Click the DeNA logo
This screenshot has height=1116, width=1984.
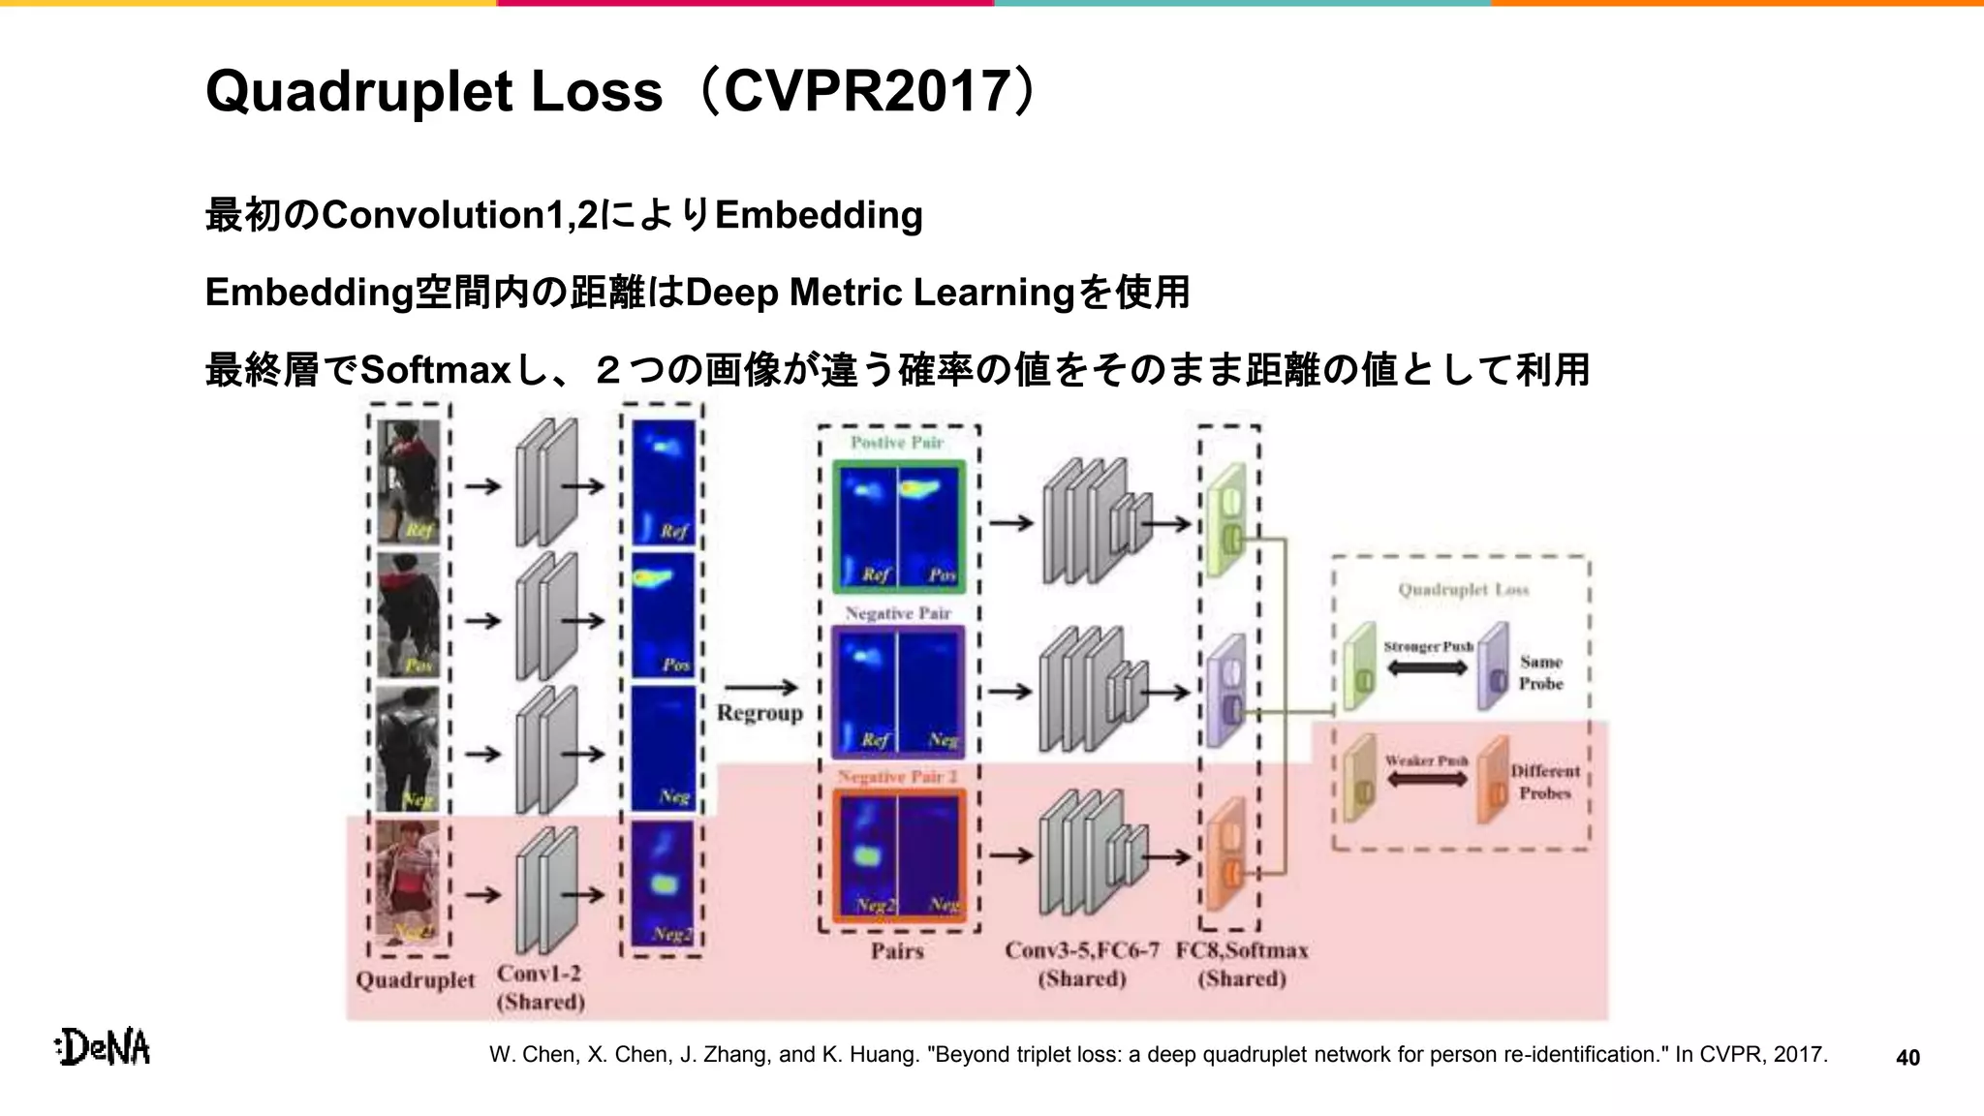tap(104, 1047)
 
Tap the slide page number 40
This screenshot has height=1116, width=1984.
tap(1907, 1058)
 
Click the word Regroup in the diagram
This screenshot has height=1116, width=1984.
tap(759, 713)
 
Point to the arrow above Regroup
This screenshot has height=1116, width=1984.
tap(761, 687)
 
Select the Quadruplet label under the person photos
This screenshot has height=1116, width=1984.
tap(416, 979)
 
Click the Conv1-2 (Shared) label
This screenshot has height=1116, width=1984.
tap(541, 987)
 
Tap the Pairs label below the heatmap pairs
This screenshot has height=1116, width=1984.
tap(897, 951)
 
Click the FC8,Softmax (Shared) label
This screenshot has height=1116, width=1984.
tap(1242, 964)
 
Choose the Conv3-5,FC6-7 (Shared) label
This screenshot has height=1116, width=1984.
tap(1082, 964)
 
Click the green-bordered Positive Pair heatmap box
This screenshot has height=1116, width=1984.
tap(899, 526)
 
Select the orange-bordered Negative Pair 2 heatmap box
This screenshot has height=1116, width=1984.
tap(899, 855)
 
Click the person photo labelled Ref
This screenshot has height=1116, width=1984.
tap(408, 481)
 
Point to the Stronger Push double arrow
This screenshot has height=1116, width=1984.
tap(1428, 667)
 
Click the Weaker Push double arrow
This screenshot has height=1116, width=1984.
tap(1427, 780)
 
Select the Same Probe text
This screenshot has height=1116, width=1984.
tap(1540, 672)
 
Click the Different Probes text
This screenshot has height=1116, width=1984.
tap(1545, 782)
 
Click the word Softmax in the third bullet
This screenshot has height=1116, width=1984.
tap(435, 370)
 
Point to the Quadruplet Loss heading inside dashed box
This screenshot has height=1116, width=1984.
tap(1463, 590)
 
